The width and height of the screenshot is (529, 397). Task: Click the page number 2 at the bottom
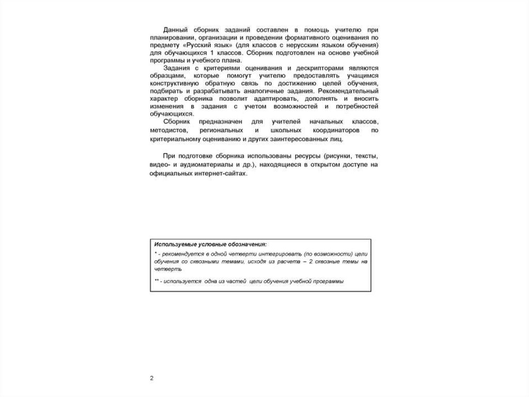point(152,378)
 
